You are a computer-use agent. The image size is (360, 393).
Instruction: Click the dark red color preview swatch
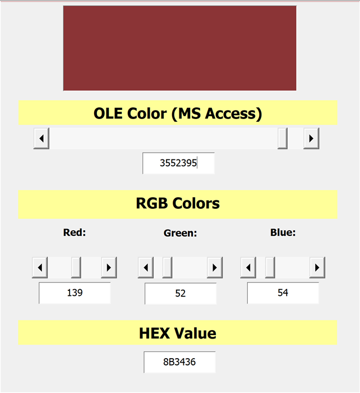point(180,48)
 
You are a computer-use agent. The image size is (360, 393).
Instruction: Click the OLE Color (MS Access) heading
point(178,113)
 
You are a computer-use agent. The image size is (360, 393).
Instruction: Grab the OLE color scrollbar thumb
point(283,138)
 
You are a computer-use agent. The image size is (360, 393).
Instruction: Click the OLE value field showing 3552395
point(178,163)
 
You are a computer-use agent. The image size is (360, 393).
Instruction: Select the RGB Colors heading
point(178,203)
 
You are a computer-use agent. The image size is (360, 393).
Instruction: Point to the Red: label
point(75,232)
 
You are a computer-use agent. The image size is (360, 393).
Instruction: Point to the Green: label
point(180,233)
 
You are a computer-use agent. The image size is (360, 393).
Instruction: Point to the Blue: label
point(283,232)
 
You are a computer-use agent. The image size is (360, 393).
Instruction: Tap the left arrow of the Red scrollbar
point(40,267)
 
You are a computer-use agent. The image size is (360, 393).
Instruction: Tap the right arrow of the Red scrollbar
point(109,267)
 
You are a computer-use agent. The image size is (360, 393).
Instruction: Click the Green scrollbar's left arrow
point(146,267)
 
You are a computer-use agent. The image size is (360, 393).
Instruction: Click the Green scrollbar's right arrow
point(215,267)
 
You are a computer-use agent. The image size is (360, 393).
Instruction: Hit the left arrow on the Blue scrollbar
point(248,267)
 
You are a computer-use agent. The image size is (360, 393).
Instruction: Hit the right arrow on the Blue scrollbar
point(317,267)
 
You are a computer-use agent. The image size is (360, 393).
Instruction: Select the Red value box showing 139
point(75,293)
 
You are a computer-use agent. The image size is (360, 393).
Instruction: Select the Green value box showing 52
point(181,294)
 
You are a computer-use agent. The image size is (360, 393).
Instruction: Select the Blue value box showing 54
point(283,293)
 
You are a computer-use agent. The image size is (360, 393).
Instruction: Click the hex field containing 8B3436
point(179,362)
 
